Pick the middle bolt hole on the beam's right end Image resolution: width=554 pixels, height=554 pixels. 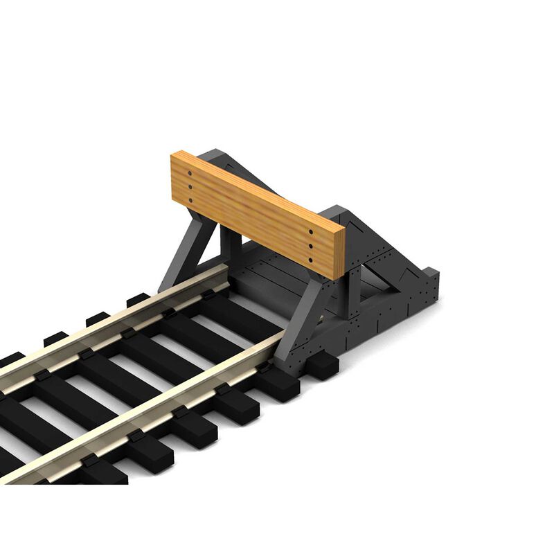[x=310, y=246]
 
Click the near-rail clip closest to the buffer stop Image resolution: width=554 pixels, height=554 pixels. [x=265, y=368]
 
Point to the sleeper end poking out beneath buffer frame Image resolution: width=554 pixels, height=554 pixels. [x=321, y=364]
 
